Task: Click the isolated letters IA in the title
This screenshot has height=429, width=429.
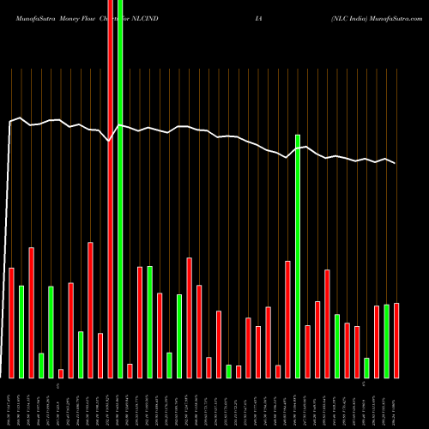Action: (x=271, y=9)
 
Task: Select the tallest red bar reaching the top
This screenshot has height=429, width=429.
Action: (x=110, y=189)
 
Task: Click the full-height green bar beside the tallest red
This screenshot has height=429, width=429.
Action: (x=120, y=189)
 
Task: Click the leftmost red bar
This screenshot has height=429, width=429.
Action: (x=11, y=323)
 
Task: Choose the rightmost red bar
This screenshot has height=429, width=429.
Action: (x=396, y=341)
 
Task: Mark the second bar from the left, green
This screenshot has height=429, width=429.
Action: (x=21, y=331)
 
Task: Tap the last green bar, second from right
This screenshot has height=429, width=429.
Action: (x=386, y=341)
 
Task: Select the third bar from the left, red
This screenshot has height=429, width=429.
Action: (x=31, y=312)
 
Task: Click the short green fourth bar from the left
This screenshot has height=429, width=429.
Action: (x=41, y=365)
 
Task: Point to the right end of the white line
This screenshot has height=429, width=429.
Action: (x=395, y=163)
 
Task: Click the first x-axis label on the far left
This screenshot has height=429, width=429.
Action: (x=11, y=404)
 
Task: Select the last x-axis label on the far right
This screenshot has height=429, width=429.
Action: (x=396, y=404)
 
